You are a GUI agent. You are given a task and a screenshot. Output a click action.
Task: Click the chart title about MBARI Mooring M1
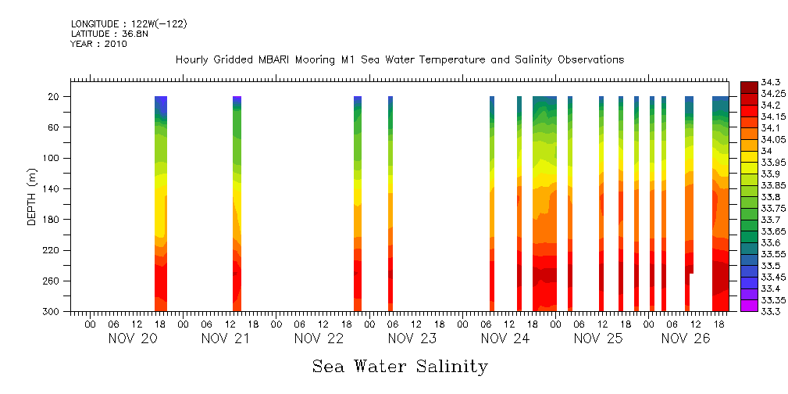[x=400, y=60]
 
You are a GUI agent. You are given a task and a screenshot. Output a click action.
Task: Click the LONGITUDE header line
[x=129, y=24]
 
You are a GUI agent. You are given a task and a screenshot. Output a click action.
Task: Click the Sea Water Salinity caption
[x=400, y=367]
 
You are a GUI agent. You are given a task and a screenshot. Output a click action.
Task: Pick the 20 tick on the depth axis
[x=54, y=97]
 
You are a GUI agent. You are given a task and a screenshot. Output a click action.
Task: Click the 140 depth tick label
[x=52, y=188]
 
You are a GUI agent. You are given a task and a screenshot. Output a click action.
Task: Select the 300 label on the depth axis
[x=52, y=311]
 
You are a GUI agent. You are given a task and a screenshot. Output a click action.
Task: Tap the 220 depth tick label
[x=52, y=250]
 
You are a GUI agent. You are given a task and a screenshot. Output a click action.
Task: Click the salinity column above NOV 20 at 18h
[x=161, y=203]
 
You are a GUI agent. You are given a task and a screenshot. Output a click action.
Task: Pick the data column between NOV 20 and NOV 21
[x=237, y=203]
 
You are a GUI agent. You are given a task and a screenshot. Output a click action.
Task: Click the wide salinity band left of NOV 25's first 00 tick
[x=544, y=203]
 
